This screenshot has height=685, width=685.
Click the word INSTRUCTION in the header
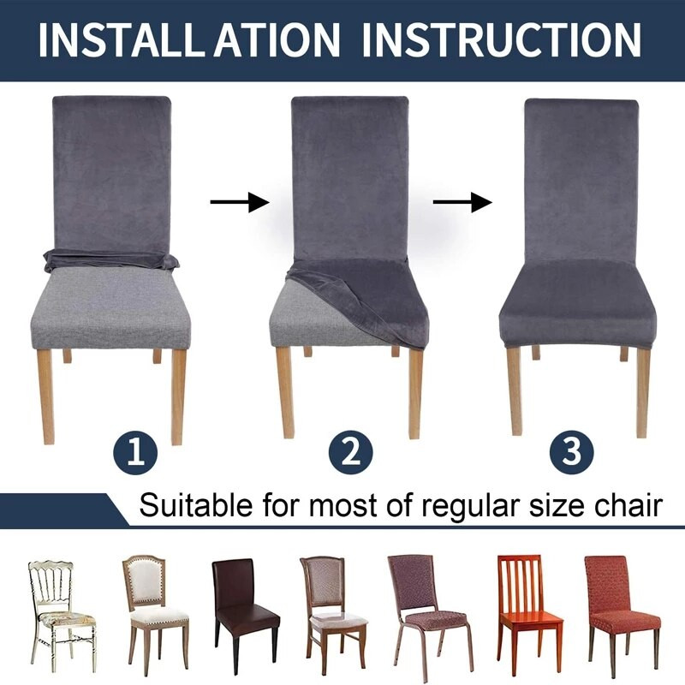tap(502, 39)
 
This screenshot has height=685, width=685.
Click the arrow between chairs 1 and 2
tap(240, 202)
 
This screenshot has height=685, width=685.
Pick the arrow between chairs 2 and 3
tap(462, 202)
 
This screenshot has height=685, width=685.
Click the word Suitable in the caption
tap(196, 505)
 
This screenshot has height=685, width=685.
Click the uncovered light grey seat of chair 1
tap(112, 306)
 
